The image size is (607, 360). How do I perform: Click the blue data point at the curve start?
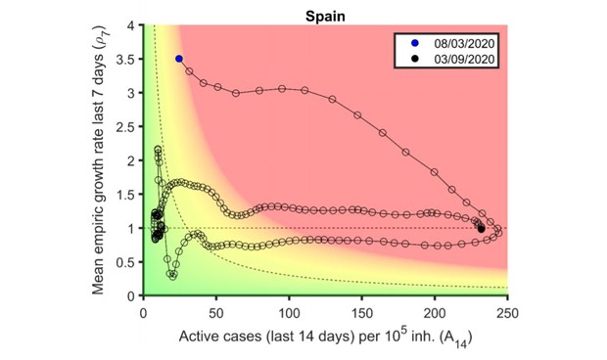click(x=178, y=59)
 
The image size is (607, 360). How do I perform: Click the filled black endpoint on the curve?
click(x=481, y=228)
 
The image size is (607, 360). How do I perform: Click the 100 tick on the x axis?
click(x=290, y=310)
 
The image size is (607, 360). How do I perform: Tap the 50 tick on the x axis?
click(x=216, y=310)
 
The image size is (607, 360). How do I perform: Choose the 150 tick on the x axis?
click(x=362, y=310)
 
